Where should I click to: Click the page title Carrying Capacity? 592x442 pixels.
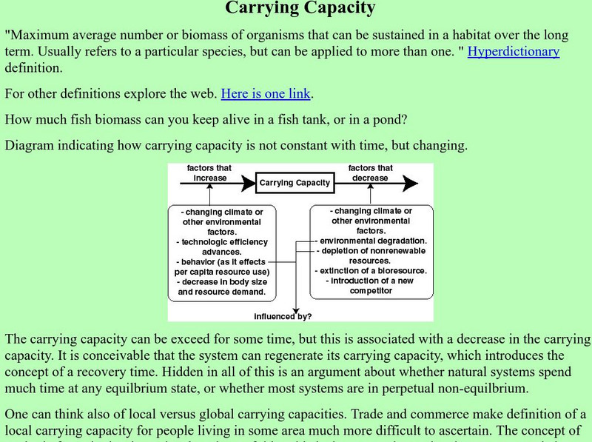(x=300, y=9)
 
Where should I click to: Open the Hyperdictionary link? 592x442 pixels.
(x=514, y=52)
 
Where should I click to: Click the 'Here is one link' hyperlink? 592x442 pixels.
(x=266, y=94)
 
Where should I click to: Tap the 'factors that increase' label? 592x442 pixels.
(x=209, y=173)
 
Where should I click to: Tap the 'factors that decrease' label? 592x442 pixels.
(x=370, y=173)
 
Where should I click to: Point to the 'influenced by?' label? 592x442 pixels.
(x=283, y=316)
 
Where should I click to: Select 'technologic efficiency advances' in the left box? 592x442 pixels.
(x=222, y=247)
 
